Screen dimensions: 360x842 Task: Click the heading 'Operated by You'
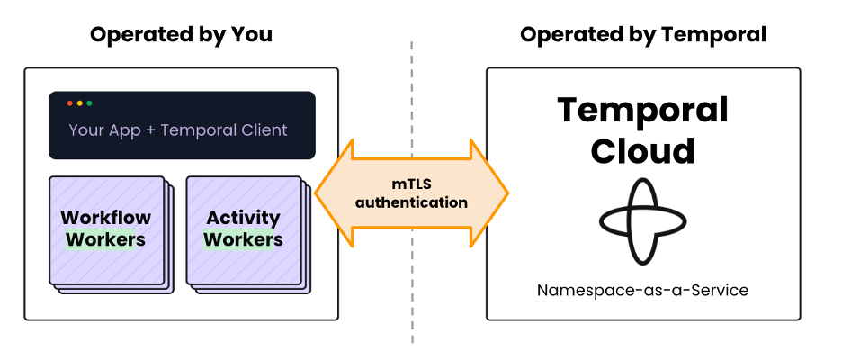point(181,35)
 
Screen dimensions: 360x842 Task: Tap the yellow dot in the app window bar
point(79,104)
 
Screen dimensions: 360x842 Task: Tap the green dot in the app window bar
point(89,104)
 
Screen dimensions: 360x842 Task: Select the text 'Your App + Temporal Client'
point(178,130)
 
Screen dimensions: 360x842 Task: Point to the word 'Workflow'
point(106,218)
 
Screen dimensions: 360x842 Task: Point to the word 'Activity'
point(243,218)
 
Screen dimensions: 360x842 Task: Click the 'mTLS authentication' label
point(411,193)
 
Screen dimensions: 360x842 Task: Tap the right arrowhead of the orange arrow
point(493,193)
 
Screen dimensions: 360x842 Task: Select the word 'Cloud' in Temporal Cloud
point(642,150)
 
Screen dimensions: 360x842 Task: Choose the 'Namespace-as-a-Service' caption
point(642,291)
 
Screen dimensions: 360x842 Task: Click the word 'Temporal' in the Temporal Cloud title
point(642,111)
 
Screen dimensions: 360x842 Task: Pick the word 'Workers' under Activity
point(243,240)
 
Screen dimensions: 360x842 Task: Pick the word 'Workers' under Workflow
point(106,240)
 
